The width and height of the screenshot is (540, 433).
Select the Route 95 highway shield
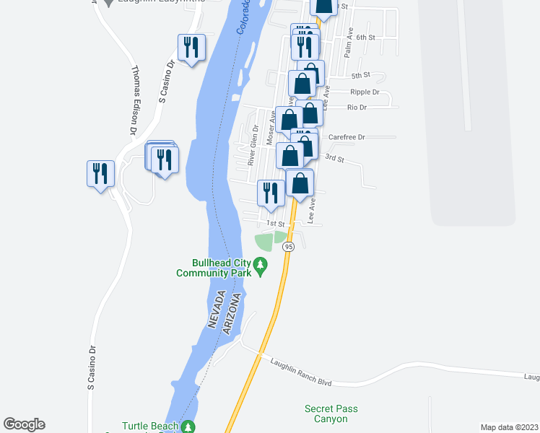point(289,247)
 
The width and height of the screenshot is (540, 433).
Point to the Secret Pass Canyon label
point(331,414)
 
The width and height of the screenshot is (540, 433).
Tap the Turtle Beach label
point(149,426)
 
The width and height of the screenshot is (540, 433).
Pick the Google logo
point(24,424)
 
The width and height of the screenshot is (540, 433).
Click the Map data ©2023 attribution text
point(510,427)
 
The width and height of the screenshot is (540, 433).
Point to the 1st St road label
point(276,224)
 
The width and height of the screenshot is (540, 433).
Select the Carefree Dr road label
point(347,136)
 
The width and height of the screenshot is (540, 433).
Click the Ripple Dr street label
point(365,92)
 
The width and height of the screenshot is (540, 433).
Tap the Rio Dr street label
point(357,108)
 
